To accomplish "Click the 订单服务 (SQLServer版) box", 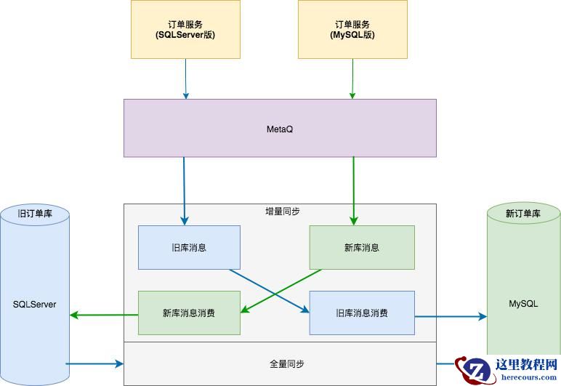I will pos(185,29).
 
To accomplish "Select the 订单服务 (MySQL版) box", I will pos(352,29).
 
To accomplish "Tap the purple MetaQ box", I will pos(280,129).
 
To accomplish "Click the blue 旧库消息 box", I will pos(189,247).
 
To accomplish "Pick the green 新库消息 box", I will pos(362,247).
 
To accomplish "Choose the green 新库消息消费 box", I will pos(189,313).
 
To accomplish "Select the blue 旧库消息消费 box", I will pos(362,313).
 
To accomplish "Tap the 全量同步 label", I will pos(279,363).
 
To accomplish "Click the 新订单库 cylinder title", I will pos(523,214).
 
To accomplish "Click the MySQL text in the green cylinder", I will pos(523,304).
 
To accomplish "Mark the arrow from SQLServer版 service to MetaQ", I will pos(186,79).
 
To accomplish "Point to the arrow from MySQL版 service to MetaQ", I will pos(353,79).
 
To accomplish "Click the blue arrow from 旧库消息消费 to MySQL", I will pos(451,316).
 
